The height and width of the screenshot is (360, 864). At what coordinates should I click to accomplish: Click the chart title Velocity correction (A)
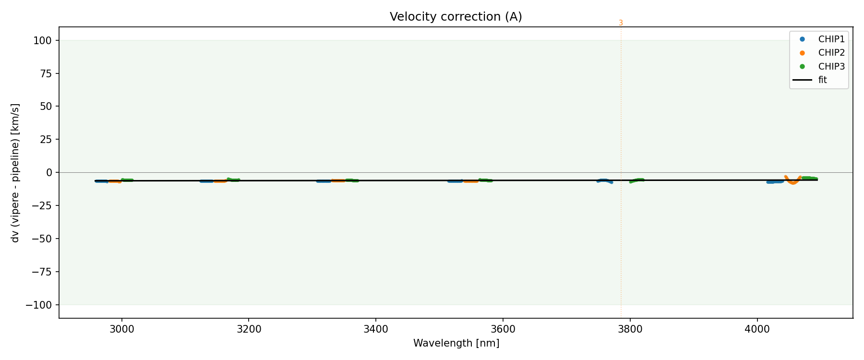click(x=456, y=17)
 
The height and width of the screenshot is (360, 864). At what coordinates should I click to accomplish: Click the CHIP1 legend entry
click(x=831, y=39)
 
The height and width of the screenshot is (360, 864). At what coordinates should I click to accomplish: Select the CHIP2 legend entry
click(x=831, y=53)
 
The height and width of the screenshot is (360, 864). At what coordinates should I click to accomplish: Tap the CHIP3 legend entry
click(x=831, y=67)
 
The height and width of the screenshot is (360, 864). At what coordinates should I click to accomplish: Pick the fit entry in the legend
click(x=823, y=80)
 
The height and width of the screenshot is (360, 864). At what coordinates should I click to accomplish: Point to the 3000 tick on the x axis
click(x=122, y=329)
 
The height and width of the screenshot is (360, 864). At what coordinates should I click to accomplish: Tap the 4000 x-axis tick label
click(x=757, y=329)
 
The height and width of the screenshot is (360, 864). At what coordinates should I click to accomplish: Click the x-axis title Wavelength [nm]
click(x=456, y=343)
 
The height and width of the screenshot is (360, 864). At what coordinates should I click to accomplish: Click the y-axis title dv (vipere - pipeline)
click(x=15, y=173)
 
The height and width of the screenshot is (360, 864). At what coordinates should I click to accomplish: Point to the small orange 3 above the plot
click(x=621, y=23)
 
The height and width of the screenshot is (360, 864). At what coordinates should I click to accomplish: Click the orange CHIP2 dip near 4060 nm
click(x=792, y=183)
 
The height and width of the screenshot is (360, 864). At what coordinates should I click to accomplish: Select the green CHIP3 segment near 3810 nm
click(x=635, y=180)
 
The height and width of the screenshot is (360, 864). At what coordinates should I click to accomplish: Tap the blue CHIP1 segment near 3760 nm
click(x=604, y=180)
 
